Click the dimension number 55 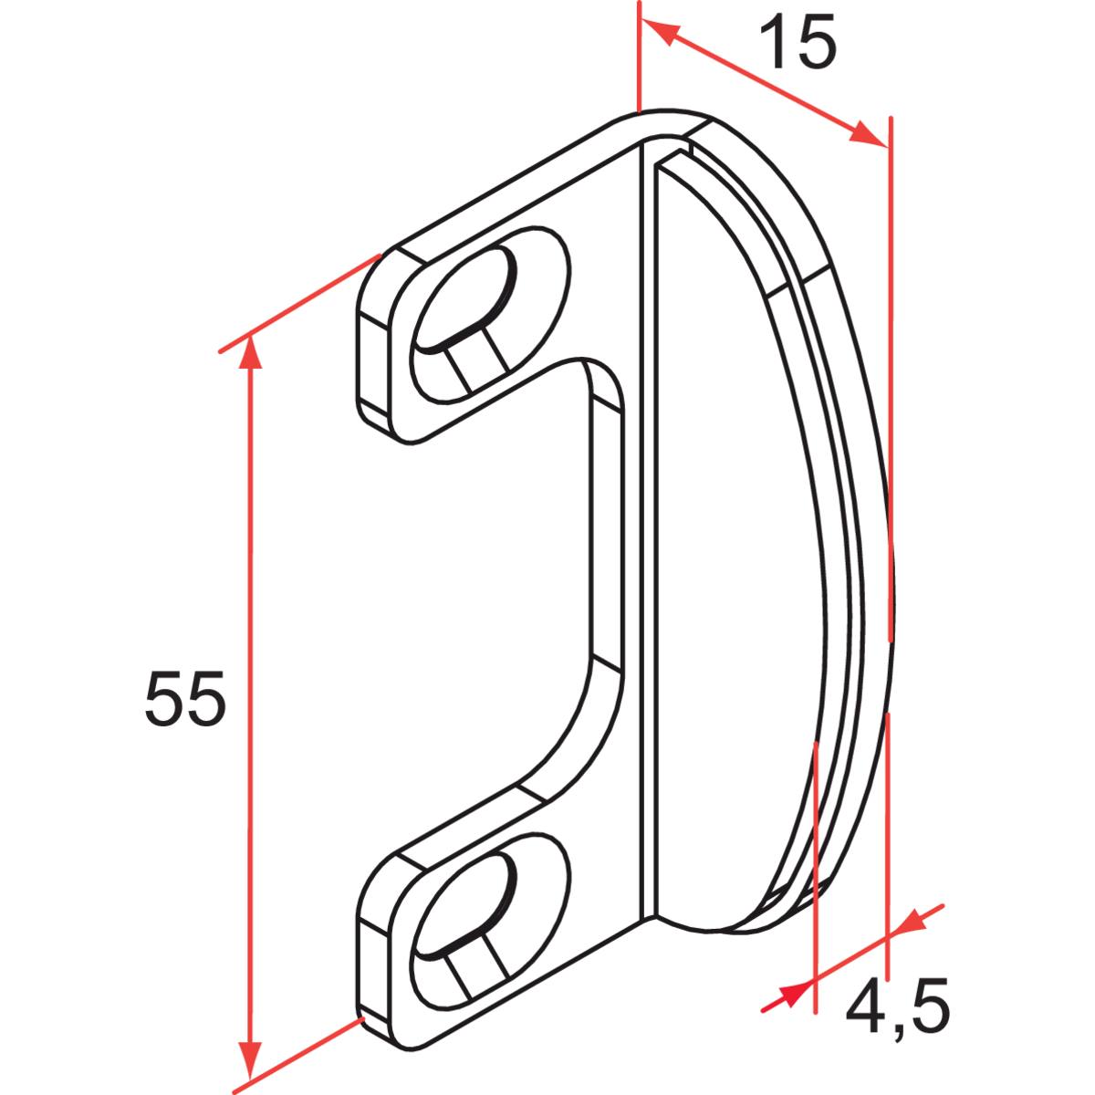tap(183, 699)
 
